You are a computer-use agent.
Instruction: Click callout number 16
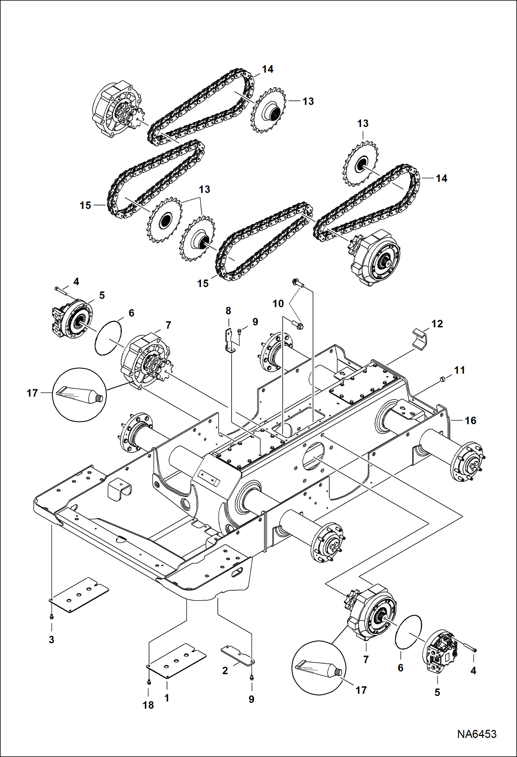click(470, 420)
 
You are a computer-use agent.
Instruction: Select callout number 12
click(437, 324)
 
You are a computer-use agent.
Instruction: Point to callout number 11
click(459, 370)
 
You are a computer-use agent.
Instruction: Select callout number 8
click(228, 311)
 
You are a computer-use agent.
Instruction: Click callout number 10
click(278, 304)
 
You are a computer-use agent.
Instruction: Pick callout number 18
click(148, 705)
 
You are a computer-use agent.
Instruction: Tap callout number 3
click(51, 640)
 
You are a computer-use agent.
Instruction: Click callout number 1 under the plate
click(167, 698)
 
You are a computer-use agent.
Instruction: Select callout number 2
click(225, 670)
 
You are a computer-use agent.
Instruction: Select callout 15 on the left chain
click(85, 205)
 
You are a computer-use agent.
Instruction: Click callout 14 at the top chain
click(267, 69)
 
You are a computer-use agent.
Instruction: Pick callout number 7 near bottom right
click(366, 659)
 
